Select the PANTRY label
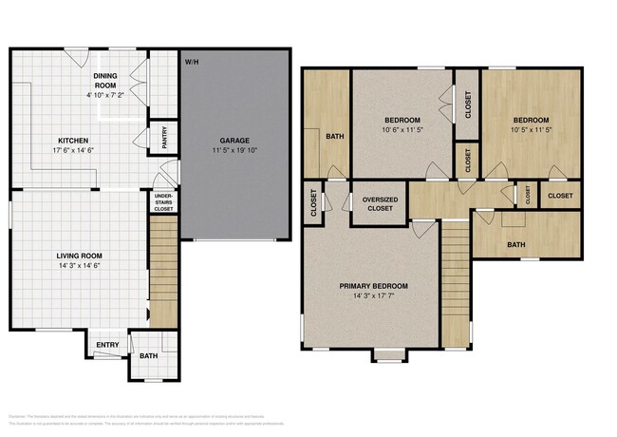(x=165, y=139)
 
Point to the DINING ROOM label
(x=106, y=80)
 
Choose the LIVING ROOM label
(x=80, y=256)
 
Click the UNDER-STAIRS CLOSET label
(x=163, y=203)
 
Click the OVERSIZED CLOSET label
(x=379, y=203)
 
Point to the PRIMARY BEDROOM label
(x=374, y=286)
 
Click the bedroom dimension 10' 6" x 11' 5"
(x=402, y=130)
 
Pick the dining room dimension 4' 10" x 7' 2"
(x=106, y=95)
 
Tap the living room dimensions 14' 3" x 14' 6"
(x=80, y=266)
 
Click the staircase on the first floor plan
(x=163, y=271)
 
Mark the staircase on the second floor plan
(x=457, y=280)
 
